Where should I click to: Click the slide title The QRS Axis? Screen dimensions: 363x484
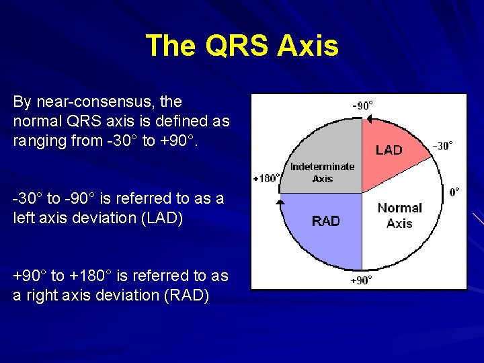click(x=242, y=46)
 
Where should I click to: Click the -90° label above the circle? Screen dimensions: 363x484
click(x=363, y=106)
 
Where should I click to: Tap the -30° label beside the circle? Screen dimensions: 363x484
click(x=442, y=145)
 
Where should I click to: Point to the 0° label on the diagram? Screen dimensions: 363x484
click(x=455, y=192)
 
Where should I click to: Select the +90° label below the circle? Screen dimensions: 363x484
click(x=361, y=280)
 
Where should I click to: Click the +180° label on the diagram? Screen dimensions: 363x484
click(x=266, y=178)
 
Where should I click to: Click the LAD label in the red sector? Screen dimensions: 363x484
click(x=389, y=150)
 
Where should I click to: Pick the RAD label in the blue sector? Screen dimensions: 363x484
click(x=326, y=221)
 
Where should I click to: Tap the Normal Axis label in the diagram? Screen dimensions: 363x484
click(x=399, y=215)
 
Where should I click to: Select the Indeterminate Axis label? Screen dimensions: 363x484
click(x=323, y=172)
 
